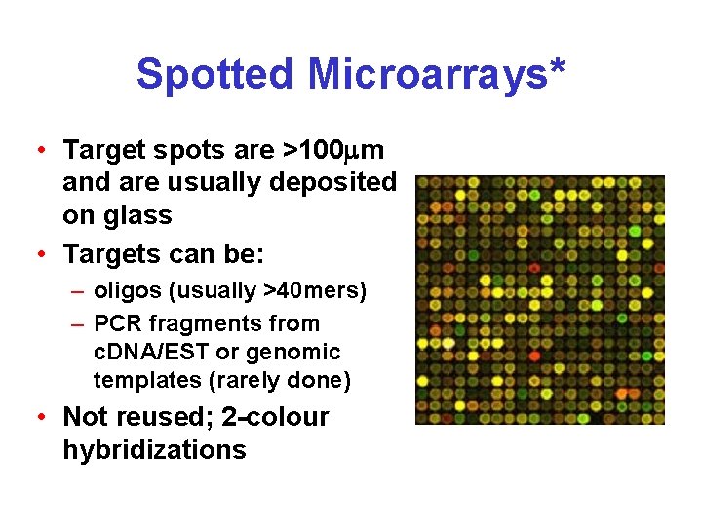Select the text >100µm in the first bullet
point(332,151)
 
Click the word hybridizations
point(154,450)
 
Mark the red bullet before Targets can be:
point(40,255)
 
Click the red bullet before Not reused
point(40,418)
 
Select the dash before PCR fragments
point(76,323)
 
